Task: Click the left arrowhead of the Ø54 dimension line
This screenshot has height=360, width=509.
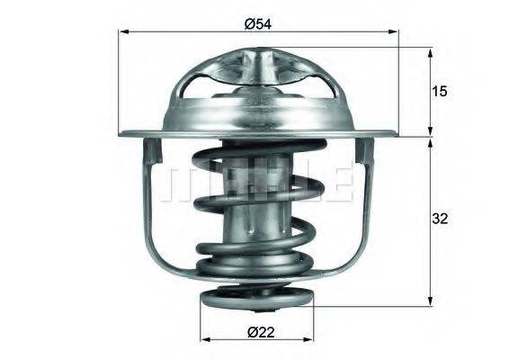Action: [122, 32]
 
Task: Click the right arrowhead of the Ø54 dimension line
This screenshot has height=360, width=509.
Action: [394, 32]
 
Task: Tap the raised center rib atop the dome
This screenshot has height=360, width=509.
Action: [257, 67]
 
